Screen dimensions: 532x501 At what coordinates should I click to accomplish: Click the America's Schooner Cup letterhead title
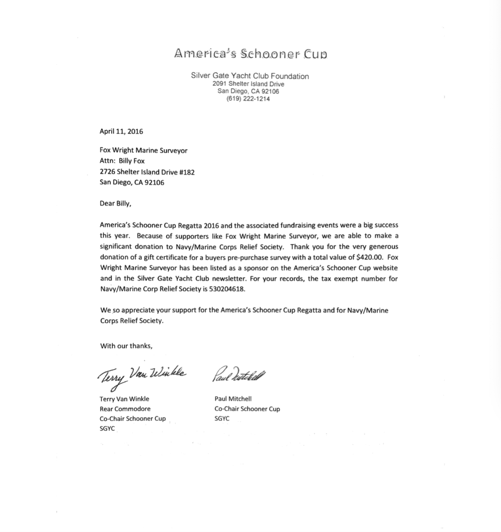point(250,54)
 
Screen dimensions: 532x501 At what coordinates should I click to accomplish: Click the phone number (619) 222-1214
point(248,99)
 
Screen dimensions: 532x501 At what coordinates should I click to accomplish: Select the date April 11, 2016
point(121,131)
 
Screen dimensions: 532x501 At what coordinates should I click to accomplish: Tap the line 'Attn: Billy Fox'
point(122,161)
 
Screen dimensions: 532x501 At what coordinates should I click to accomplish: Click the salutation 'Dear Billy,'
point(115,204)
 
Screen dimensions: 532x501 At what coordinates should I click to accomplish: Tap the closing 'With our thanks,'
point(126,346)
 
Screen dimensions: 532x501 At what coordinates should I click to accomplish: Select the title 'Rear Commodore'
point(125,409)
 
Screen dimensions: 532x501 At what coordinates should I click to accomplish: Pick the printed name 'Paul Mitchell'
point(233,399)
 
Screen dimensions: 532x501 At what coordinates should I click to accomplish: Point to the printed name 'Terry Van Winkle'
point(124,399)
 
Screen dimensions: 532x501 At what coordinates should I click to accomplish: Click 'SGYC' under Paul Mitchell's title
point(222,418)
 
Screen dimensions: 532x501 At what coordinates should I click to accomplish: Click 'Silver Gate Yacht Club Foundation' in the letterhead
point(250,76)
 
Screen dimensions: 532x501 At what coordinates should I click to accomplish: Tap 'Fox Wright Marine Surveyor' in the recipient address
point(143,150)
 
